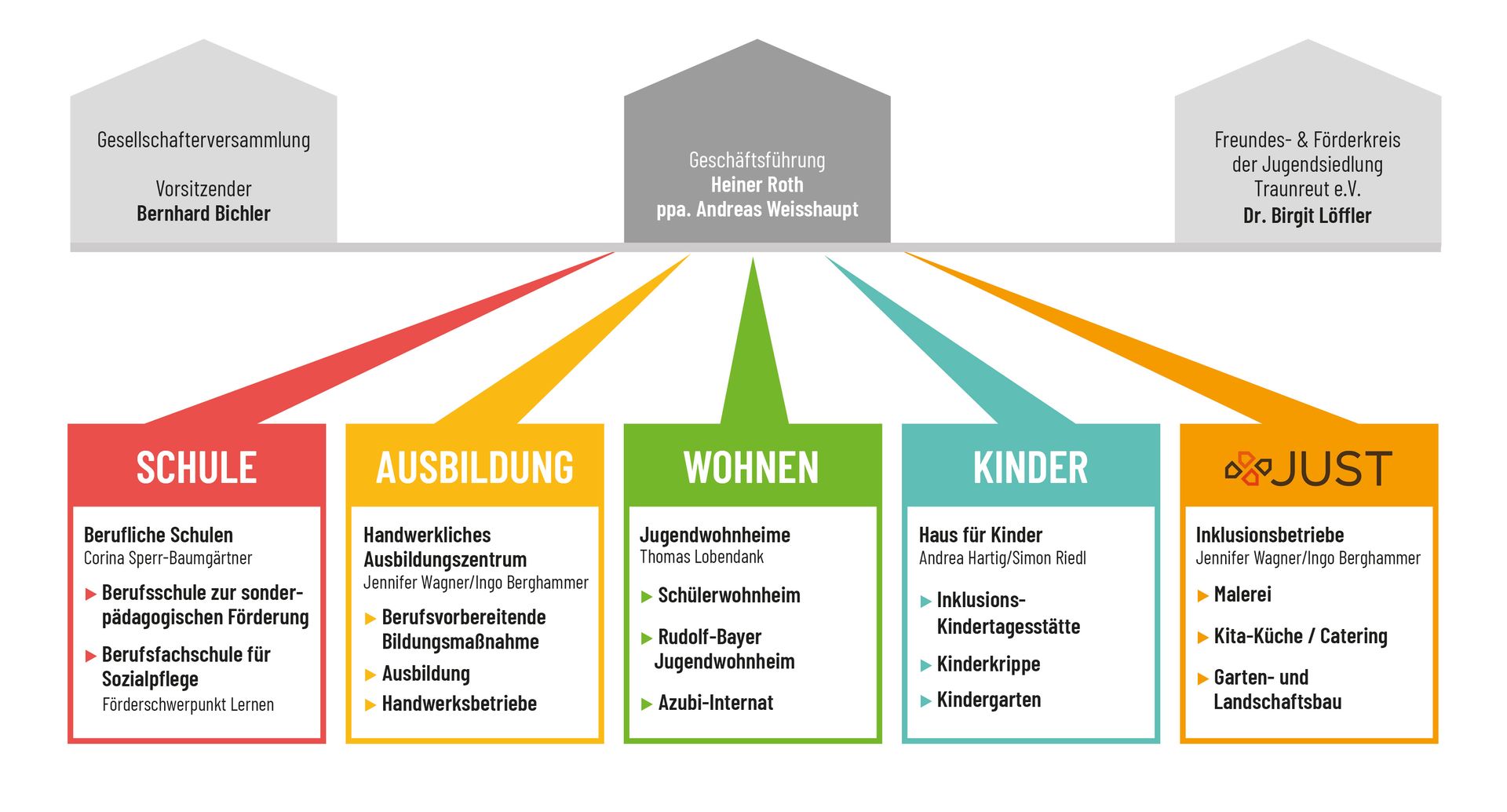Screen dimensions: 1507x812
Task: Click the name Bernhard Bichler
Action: click(203, 214)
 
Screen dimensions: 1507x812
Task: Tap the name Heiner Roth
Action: click(757, 185)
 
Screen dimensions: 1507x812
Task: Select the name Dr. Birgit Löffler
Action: click(1307, 216)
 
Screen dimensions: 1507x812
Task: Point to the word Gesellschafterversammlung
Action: click(203, 140)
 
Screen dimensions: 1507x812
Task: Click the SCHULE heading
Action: click(196, 467)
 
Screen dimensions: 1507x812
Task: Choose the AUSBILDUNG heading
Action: click(475, 467)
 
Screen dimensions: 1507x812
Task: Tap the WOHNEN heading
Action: click(751, 467)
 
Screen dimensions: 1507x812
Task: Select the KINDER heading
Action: click(1031, 467)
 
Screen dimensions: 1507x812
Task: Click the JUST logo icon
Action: click(1248, 468)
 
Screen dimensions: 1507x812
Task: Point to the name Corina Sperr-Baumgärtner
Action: click(168, 558)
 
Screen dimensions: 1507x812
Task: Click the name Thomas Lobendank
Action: click(702, 557)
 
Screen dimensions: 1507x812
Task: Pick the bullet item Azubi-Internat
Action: click(715, 703)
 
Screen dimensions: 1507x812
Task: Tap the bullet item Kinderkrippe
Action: click(988, 664)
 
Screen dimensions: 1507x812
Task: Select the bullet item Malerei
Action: click(1242, 594)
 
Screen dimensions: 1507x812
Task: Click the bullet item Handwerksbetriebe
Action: click(459, 704)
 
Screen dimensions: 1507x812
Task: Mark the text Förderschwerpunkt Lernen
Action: click(188, 704)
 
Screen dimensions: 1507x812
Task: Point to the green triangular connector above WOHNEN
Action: click(753, 342)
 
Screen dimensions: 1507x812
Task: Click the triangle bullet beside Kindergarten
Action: click(925, 701)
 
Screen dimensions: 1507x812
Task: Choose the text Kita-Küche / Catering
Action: click(1301, 636)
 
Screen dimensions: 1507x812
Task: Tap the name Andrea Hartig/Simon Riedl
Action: click(1002, 558)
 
